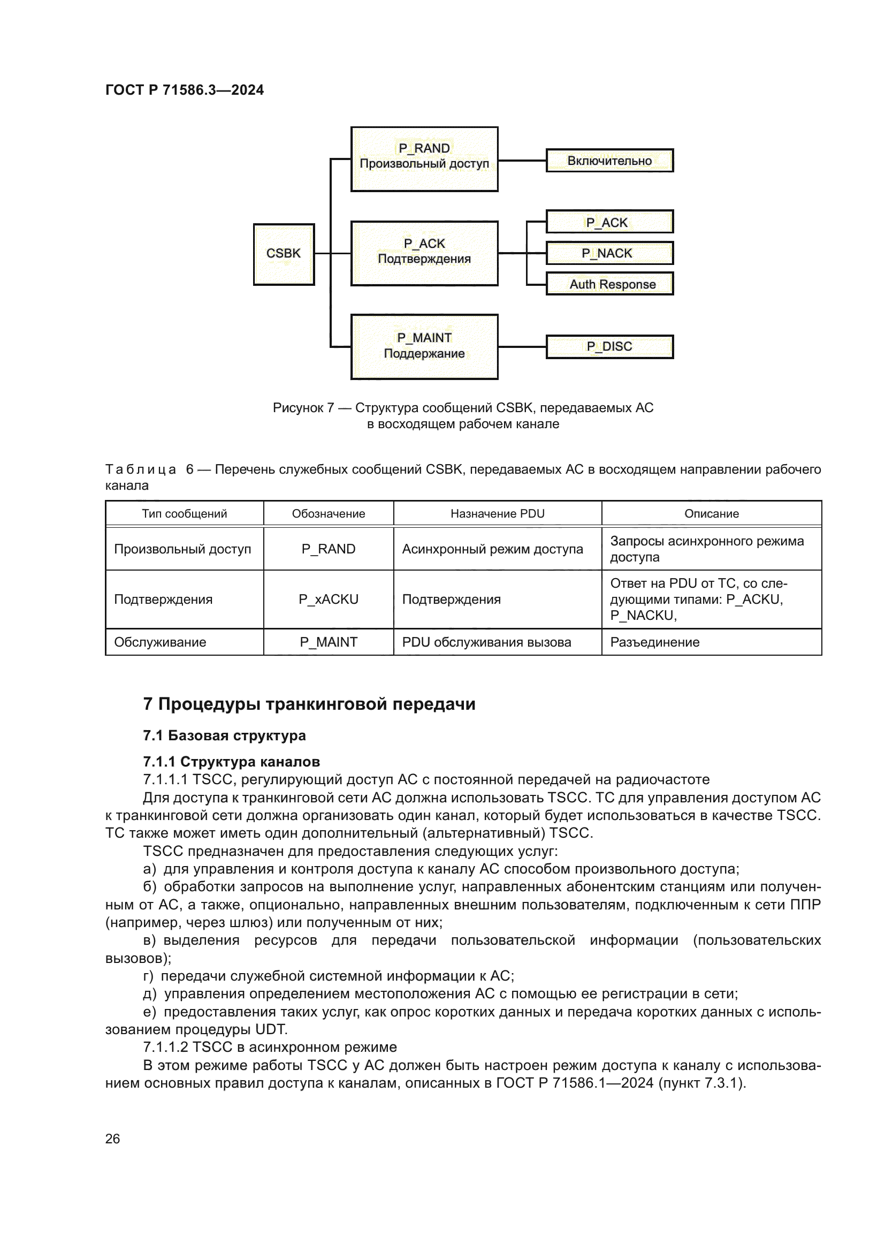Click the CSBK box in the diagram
pyautogui.click(x=284, y=254)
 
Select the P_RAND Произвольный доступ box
pyautogui.click(x=424, y=158)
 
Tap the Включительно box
pyautogui.click(x=609, y=161)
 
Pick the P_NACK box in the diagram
pyautogui.click(x=609, y=253)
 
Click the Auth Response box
pyautogui.click(x=609, y=284)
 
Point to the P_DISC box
pyautogui.click(x=609, y=347)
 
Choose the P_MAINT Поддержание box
pyautogui.click(x=424, y=346)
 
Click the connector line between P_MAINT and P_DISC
pyautogui.click(x=522, y=347)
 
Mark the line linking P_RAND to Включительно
pyautogui.click(x=522, y=161)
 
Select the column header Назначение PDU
pyautogui.click(x=497, y=514)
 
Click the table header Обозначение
pyautogui.click(x=328, y=514)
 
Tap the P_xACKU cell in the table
pyautogui.click(x=328, y=600)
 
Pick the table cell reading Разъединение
pyautogui.click(x=654, y=642)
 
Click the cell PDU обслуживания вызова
pyautogui.click(x=486, y=642)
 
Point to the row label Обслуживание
pyautogui.click(x=159, y=642)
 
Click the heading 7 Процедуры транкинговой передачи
pyautogui.click(x=309, y=704)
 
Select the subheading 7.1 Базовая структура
pyautogui.click(x=224, y=735)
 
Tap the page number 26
pyautogui.click(x=112, y=1139)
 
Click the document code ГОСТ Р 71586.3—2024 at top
pyautogui.click(x=184, y=90)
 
